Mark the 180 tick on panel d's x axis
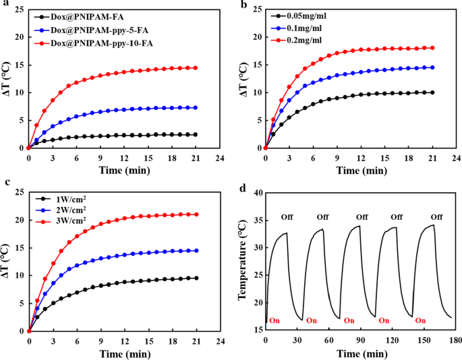pos(456,338)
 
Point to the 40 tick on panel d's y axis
pos(257,193)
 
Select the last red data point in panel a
pos(195,67)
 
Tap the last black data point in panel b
pos(432,92)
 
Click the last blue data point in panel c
pos(195,251)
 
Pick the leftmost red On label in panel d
pos(275,320)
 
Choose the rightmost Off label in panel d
pos(436,216)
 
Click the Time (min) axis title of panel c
pos(123,353)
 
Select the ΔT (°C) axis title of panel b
pos(244,78)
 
